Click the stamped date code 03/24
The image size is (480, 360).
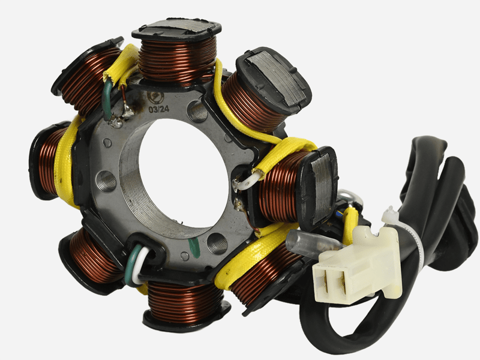158,109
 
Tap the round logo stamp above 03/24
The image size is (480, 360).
154,97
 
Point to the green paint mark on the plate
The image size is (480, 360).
194,246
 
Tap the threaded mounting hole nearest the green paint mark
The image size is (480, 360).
217,244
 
